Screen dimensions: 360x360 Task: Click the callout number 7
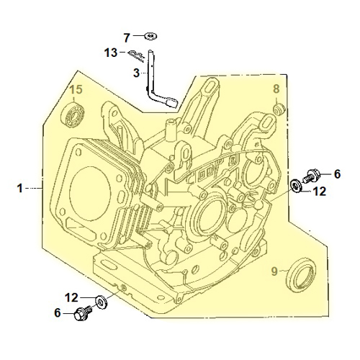click(127, 37)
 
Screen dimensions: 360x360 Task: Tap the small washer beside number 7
click(150, 36)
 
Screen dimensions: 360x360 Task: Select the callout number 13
click(111, 53)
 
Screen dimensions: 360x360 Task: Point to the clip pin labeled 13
click(136, 55)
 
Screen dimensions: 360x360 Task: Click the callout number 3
click(136, 73)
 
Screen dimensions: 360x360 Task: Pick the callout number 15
click(76, 89)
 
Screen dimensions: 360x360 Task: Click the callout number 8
click(276, 89)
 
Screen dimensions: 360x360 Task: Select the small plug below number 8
click(279, 109)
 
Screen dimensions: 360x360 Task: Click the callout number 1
click(20, 188)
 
